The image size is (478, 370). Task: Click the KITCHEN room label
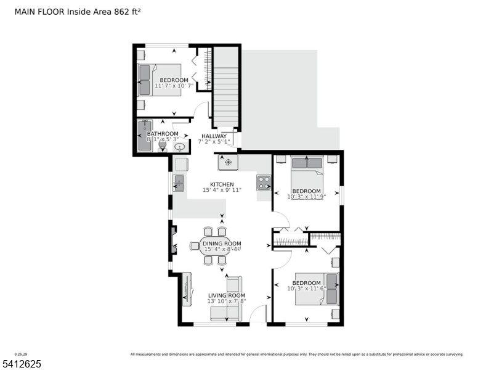click(x=222, y=184)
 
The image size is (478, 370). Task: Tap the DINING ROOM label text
click(x=221, y=244)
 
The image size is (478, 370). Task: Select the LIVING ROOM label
click(x=226, y=295)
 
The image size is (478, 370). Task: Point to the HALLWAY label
click(x=214, y=136)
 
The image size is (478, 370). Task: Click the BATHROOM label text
click(x=163, y=134)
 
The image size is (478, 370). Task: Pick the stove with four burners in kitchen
click(x=264, y=183)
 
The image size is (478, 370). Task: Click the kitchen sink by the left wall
click(x=178, y=183)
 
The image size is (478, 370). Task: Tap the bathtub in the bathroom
click(x=144, y=135)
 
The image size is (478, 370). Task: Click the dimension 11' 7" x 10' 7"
click(x=174, y=86)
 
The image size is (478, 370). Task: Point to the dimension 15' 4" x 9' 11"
click(x=222, y=190)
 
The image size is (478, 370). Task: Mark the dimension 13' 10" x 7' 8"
click(x=226, y=301)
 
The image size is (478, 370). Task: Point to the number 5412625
click(x=21, y=364)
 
